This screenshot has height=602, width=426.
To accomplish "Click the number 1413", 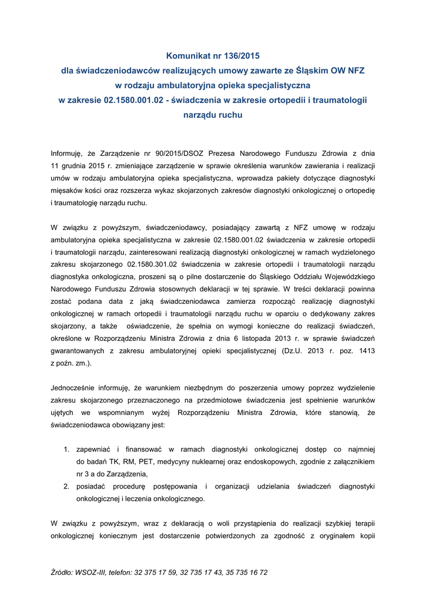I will tap(365, 351).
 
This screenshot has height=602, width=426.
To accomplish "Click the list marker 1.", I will tap(66, 450).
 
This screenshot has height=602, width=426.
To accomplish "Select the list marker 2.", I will tap(66, 487).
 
